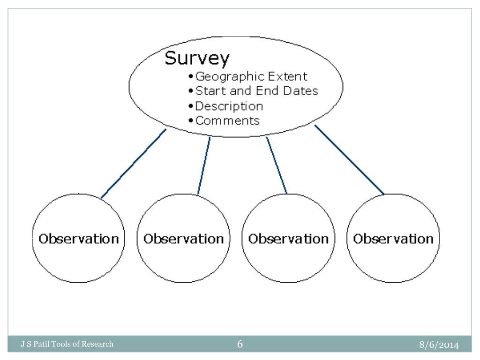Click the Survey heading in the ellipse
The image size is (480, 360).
click(197, 59)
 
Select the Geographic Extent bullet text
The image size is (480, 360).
click(251, 76)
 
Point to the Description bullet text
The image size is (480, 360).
click(229, 106)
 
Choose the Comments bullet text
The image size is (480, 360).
click(227, 120)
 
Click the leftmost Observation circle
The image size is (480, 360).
click(78, 239)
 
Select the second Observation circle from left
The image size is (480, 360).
click(183, 239)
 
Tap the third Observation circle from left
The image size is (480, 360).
click(288, 239)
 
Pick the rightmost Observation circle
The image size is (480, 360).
click(393, 239)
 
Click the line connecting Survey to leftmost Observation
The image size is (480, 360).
click(134, 163)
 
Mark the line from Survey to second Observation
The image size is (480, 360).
click(204, 165)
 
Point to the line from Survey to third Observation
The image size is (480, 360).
click(277, 165)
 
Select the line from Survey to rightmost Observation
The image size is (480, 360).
click(349, 159)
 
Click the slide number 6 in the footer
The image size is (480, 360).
click(240, 345)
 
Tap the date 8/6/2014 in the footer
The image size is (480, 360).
click(439, 345)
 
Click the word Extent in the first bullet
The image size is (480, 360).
click(288, 76)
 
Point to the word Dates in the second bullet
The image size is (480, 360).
click(300, 90)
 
